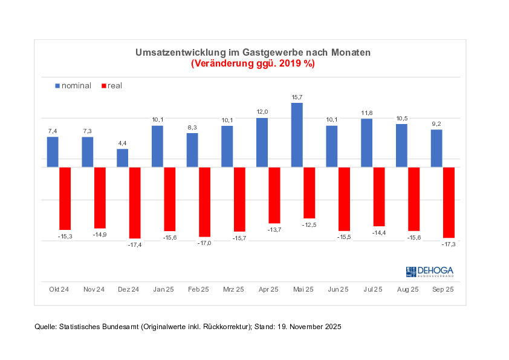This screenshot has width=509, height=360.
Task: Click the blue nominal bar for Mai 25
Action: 297,135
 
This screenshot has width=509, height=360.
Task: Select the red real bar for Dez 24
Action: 135,203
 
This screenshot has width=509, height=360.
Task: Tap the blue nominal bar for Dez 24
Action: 123,158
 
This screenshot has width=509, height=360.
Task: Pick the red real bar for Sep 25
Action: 449,202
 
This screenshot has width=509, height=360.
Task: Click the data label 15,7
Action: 297,97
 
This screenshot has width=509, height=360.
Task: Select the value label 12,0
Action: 262,112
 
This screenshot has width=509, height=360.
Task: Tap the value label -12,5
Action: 309,224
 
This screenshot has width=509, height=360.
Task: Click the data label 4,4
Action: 123,143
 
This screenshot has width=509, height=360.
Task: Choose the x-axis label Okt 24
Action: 59,290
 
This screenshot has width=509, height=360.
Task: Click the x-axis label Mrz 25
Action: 233,290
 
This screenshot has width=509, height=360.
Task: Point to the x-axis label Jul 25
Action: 373,290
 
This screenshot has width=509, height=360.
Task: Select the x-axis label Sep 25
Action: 443,290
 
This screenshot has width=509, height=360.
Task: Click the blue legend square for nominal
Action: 58,86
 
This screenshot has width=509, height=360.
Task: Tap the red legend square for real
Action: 104,86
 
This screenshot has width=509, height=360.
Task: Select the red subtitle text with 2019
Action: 253,64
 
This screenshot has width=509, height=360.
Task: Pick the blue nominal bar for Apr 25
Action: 262,142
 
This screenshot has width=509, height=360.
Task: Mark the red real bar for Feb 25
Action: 204,201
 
